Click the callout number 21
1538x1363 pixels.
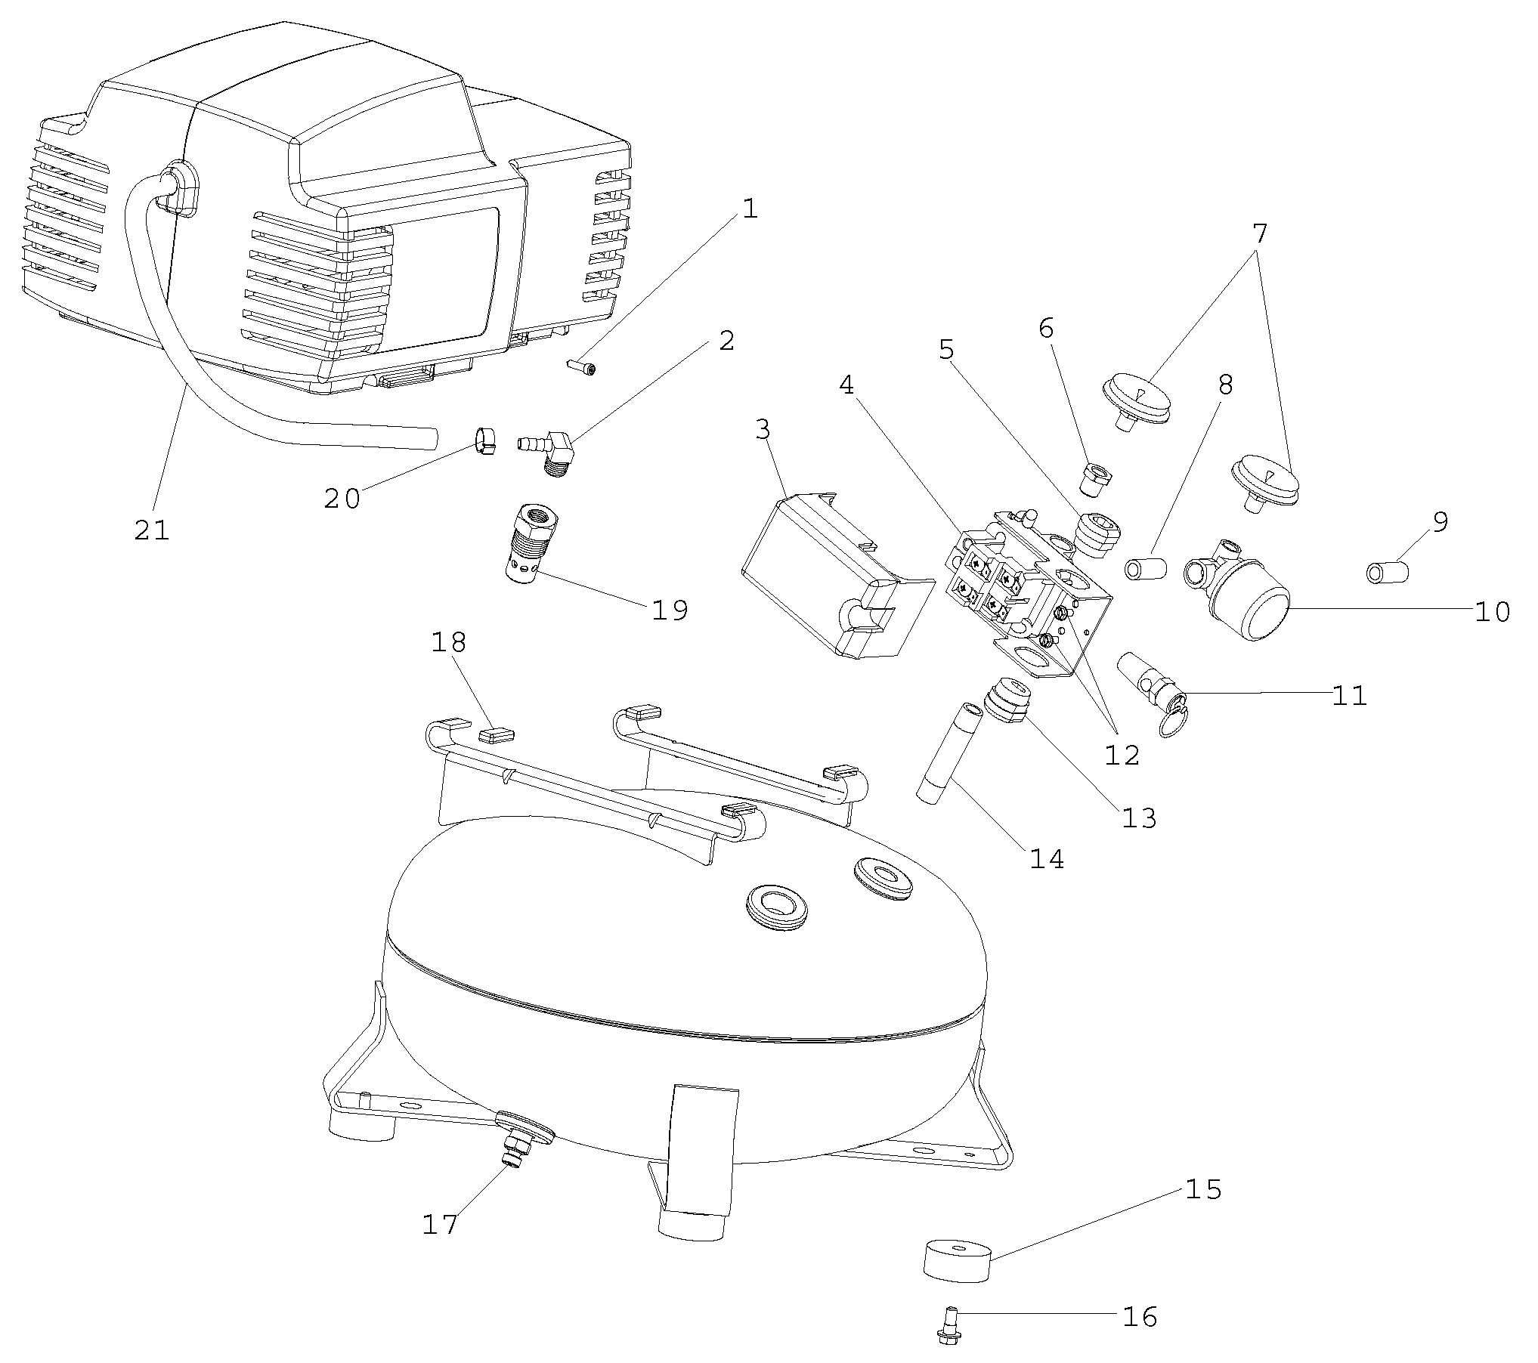[152, 530]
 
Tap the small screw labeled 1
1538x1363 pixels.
[581, 367]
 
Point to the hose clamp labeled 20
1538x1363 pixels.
[484, 440]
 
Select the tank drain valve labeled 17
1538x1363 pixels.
[518, 1155]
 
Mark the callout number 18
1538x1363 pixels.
[449, 643]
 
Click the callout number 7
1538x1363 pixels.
[1259, 234]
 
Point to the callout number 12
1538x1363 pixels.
[1122, 753]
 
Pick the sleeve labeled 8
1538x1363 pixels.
[1146, 568]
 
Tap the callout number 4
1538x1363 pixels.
[846, 385]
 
